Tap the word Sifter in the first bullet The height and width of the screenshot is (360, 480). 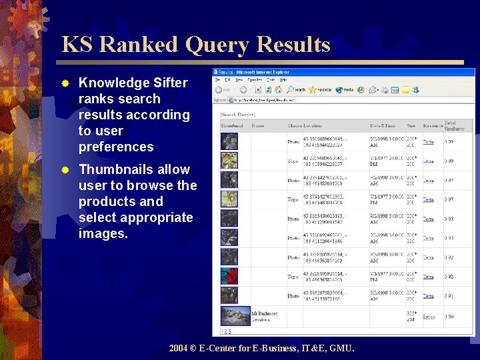coord(171,83)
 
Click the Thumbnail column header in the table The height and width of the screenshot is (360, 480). coord(232,125)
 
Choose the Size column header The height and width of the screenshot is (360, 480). coord(411,125)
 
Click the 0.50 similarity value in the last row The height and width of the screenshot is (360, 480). coord(449,317)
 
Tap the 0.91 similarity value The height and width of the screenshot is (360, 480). coord(449,296)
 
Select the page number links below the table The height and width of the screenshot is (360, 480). coord(227,331)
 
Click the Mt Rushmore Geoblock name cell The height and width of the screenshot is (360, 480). coord(265,316)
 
